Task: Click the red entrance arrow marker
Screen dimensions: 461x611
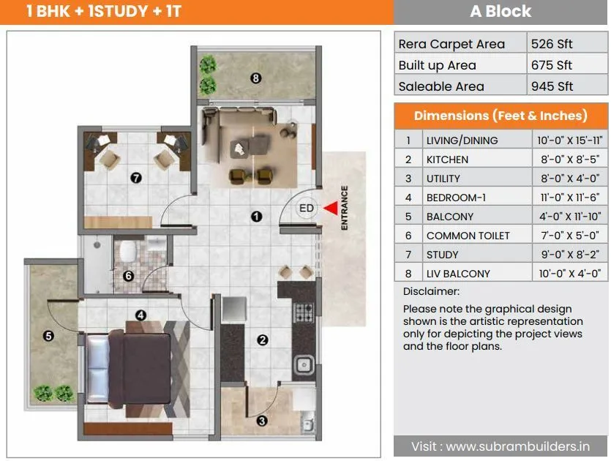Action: (x=331, y=209)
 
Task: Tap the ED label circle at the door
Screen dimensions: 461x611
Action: (x=307, y=209)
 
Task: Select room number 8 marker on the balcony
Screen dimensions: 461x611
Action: (x=255, y=78)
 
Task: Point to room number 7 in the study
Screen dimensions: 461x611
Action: (x=135, y=177)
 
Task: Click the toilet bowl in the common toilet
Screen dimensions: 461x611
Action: (x=128, y=250)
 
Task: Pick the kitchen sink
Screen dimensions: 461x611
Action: (x=304, y=364)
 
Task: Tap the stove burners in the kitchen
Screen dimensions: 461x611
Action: (x=303, y=313)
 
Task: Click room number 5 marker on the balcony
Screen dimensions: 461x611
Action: (x=48, y=336)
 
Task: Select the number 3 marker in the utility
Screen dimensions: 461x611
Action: (x=262, y=420)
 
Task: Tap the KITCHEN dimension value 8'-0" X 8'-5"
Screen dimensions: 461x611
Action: (x=569, y=160)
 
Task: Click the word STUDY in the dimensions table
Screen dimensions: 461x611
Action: (x=443, y=255)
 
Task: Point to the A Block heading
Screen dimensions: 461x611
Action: (x=501, y=12)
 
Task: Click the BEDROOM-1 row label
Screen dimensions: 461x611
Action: (x=456, y=198)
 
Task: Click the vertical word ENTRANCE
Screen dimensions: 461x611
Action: (x=345, y=209)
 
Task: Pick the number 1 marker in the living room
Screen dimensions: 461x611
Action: (x=255, y=216)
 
